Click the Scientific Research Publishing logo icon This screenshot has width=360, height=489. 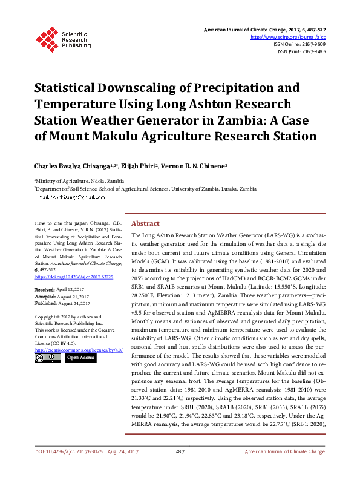(47, 38)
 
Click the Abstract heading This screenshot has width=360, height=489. (145, 223)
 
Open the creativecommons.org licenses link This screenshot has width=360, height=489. (79, 350)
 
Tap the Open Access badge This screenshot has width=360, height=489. (80, 358)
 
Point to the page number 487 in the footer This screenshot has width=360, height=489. (180, 469)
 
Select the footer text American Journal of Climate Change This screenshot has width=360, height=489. (284, 469)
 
